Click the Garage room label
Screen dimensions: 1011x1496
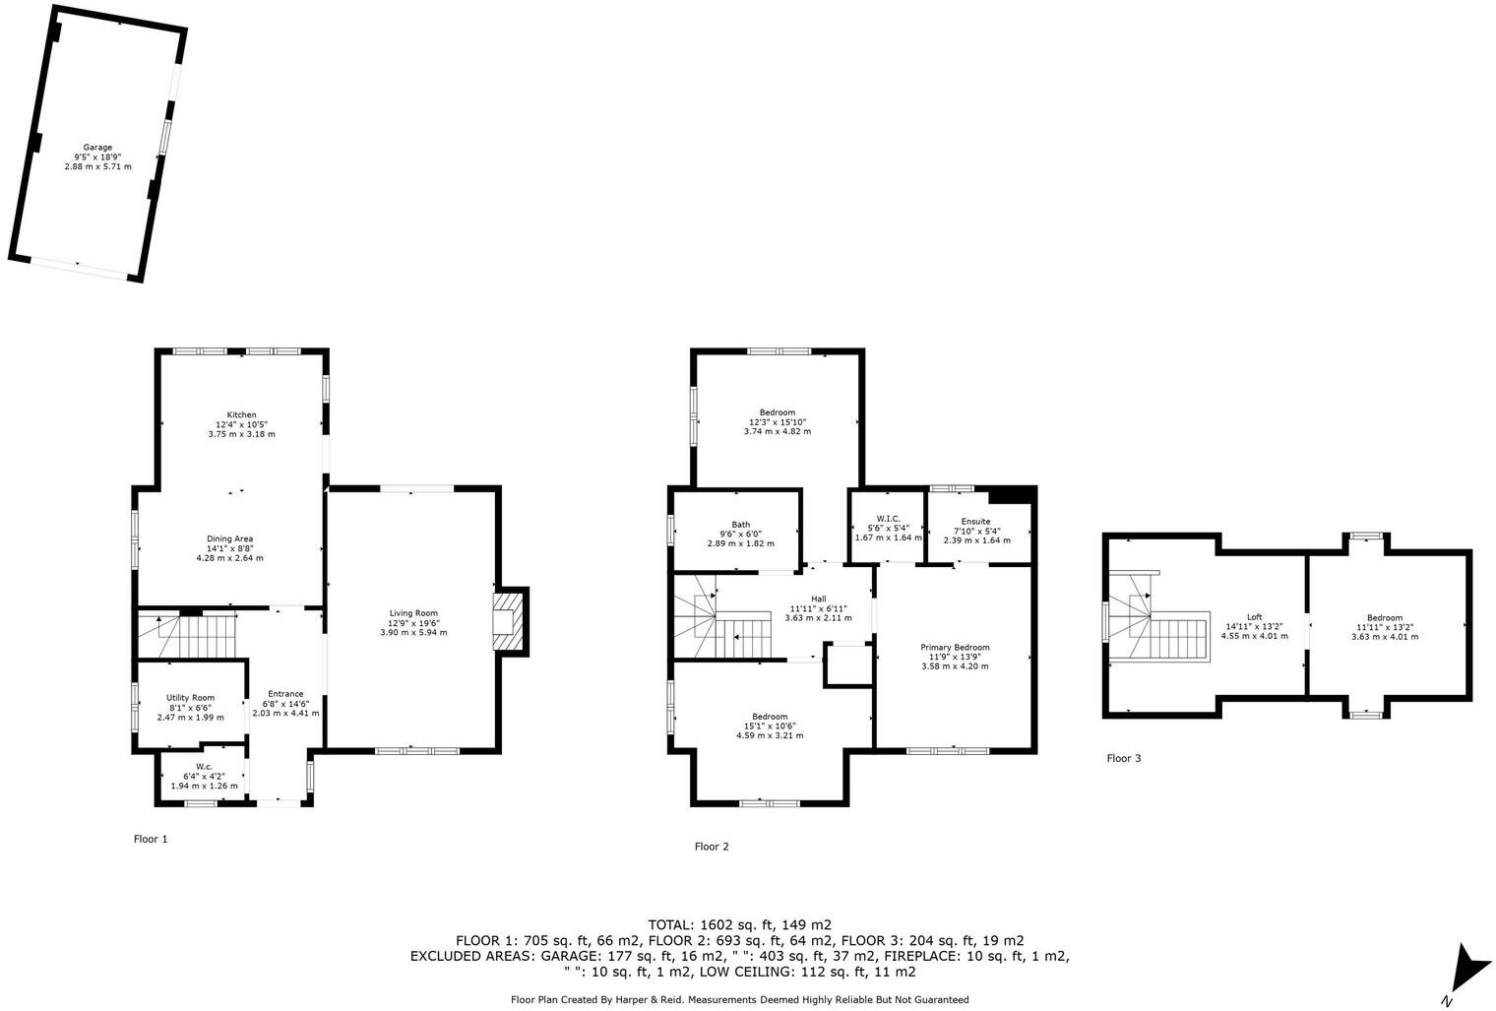(x=96, y=148)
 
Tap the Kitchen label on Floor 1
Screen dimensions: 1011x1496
(x=241, y=414)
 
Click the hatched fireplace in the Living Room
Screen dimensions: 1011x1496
(x=509, y=620)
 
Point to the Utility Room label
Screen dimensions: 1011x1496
(x=190, y=698)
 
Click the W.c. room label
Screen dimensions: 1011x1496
(x=204, y=767)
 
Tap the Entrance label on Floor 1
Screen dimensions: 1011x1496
(x=285, y=693)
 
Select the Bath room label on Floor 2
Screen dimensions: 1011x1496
(x=740, y=525)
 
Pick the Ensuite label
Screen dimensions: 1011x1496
(x=976, y=521)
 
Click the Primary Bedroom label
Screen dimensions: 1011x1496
(x=955, y=647)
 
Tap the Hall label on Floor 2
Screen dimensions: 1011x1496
(x=818, y=599)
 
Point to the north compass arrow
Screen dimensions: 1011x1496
(x=1468, y=970)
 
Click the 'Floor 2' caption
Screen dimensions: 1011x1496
(x=712, y=847)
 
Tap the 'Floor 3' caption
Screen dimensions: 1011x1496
(x=1123, y=758)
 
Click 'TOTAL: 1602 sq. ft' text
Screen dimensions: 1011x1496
(x=739, y=924)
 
